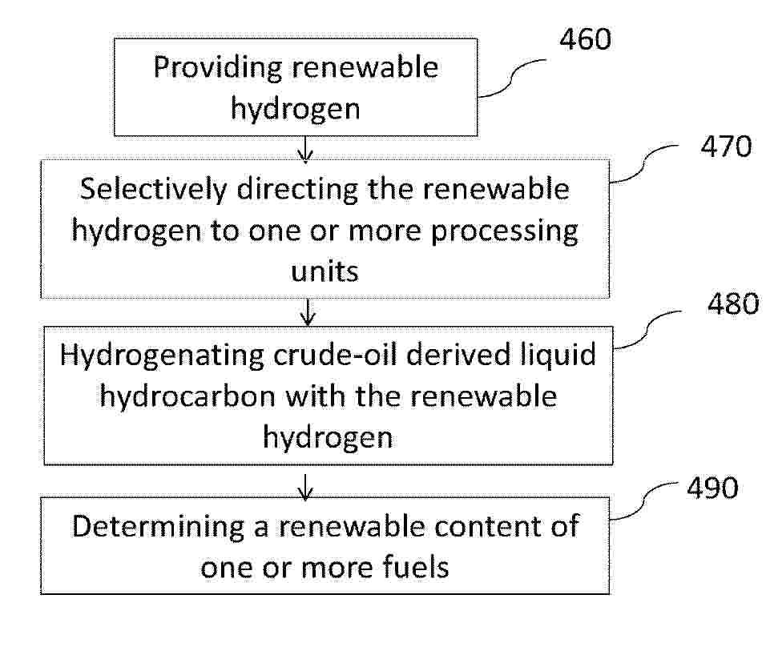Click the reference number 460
[x=586, y=39]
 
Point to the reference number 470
[x=726, y=147]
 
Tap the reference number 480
[x=733, y=303]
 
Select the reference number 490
[x=712, y=488]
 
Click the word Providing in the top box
[x=218, y=68]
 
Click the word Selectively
[x=154, y=190]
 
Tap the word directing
[x=297, y=190]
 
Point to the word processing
[x=504, y=231]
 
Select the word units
[x=325, y=271]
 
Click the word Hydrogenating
[x=162, y=356]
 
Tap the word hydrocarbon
[x=187, y=396]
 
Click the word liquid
[x=558, y=356]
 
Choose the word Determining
[x=158, y=528]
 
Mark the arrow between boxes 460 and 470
[x=305, y=149]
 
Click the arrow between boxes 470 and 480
[x=308, y=312]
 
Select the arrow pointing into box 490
[x=305, y=488]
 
